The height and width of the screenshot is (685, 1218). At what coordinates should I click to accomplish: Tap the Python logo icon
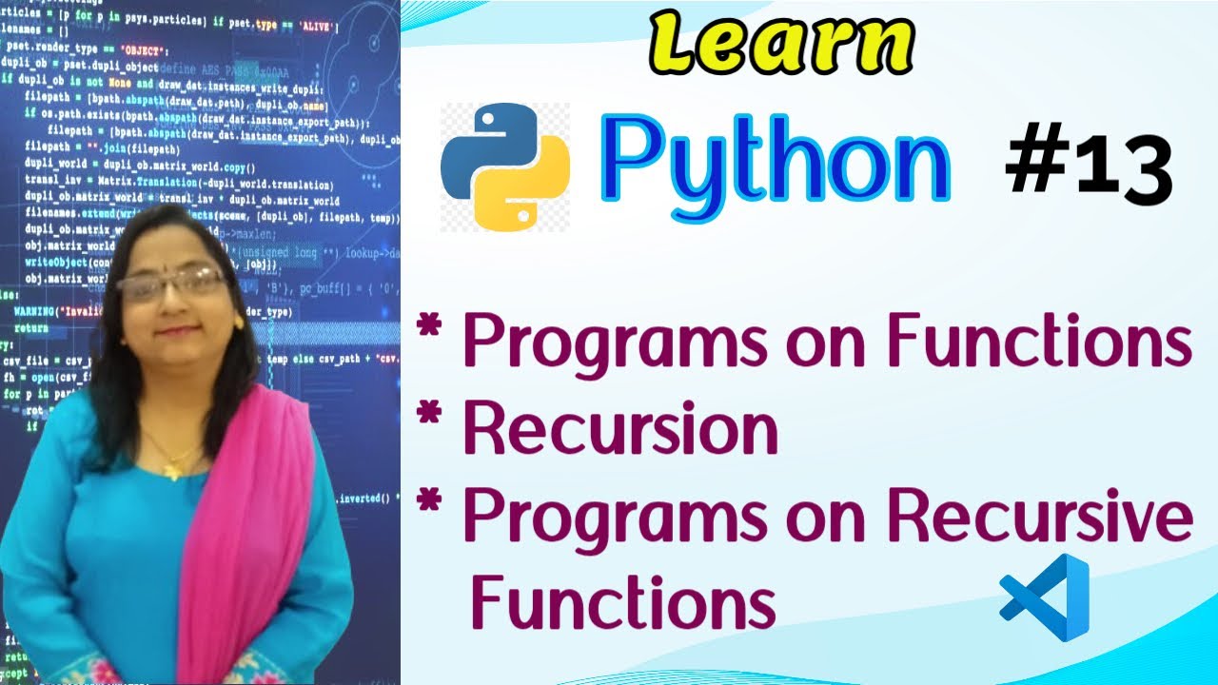coord(505,167)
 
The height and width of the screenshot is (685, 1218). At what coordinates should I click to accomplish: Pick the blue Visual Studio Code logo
coord(1045,597)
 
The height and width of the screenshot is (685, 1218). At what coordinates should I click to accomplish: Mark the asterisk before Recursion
coord(431,416)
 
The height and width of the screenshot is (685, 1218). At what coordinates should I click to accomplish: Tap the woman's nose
coord(173,303)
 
